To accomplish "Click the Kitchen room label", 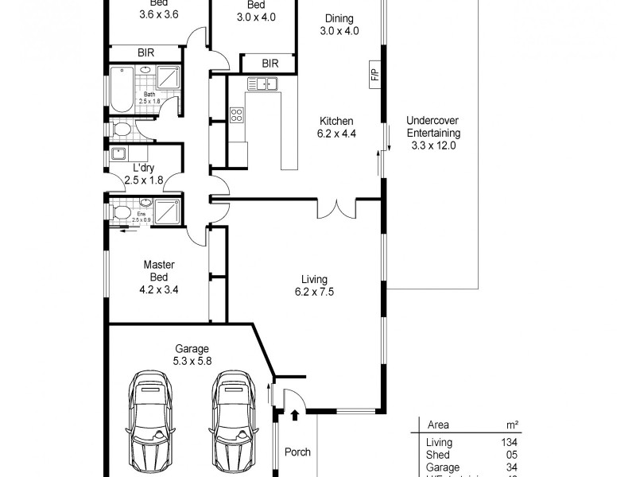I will click(336, 121).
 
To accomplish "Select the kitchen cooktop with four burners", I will click(237, 115).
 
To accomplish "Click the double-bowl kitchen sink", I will click(262, 83).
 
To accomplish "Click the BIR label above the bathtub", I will click(145, 52).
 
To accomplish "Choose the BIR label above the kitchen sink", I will click(270, 63).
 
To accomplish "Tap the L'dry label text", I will click(144, 168).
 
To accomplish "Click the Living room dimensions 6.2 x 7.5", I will click(314, 292).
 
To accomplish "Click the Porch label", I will click(297, 452).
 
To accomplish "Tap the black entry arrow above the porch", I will click(295, 414).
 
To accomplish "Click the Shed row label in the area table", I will click(439, 455).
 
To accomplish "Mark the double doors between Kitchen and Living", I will click(332, 209).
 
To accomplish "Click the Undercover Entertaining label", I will click(435, 134).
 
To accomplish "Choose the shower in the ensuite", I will click(167, 212).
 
